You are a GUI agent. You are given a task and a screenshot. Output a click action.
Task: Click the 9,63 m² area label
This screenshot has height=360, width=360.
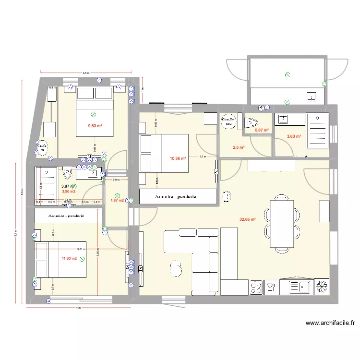(x=96, y=126)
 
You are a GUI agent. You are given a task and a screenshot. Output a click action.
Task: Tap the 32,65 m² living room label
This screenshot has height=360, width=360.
(x=247, y=219)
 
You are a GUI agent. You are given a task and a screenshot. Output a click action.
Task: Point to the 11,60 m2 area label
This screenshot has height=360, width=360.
(x=69, y=259)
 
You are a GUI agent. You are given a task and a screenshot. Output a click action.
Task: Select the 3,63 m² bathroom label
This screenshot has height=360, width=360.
(x=294, y=136)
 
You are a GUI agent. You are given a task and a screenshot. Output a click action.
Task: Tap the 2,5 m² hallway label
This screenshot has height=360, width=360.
(x=239, y=147)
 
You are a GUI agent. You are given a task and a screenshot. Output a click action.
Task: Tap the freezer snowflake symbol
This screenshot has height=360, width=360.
(x=320, y=287)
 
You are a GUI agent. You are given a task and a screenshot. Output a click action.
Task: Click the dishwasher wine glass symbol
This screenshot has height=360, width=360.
(x=271, y=288)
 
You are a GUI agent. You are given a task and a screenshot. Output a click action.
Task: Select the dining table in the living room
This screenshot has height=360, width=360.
(x=282, y=224)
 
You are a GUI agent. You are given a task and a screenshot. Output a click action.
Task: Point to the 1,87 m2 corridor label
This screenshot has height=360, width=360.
(x=117, y=200)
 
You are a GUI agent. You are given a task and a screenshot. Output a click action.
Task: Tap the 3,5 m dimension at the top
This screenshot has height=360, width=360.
(x=85, y=73)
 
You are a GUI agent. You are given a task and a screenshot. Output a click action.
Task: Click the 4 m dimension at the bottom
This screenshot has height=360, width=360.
(x=78, y=307)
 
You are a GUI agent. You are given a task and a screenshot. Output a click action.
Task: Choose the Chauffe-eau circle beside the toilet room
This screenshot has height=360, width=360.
(x=228, y=121)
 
